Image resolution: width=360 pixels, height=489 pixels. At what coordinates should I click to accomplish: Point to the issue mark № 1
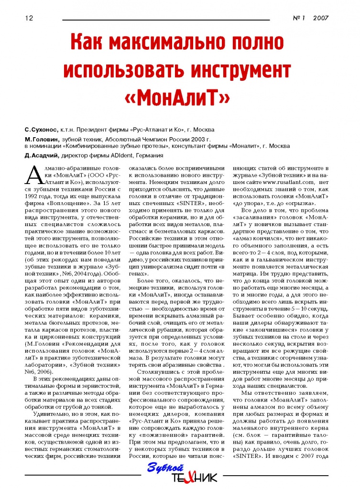[299, 19]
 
